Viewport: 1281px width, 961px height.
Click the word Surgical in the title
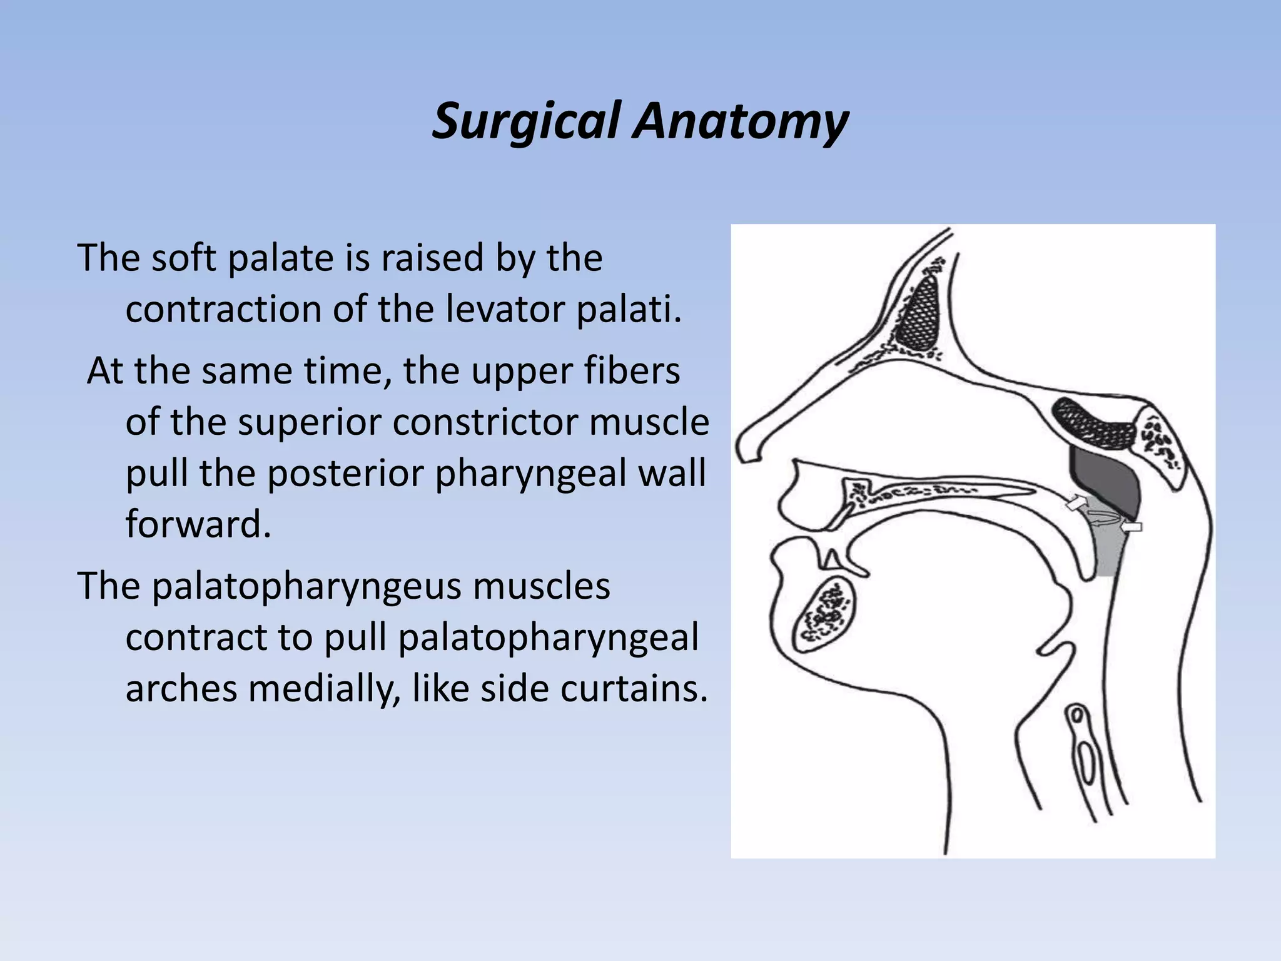coord(527,121)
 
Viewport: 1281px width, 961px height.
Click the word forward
coord(198,524)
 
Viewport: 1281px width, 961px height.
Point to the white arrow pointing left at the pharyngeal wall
coord(1132,527)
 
